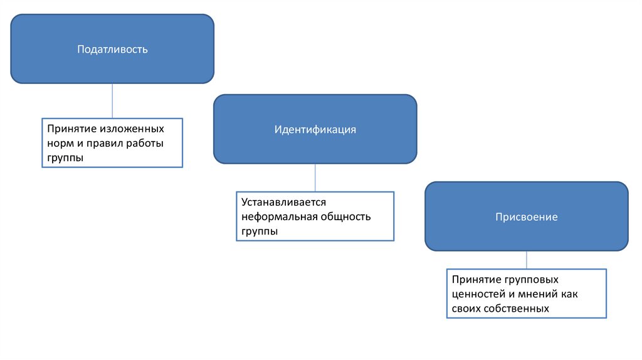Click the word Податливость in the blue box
[112, 49]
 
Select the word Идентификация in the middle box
[315, 129]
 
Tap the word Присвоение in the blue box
[526, 217]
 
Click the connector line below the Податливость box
[112, 100]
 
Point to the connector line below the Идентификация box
[315, 177]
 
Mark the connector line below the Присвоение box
[526, 260]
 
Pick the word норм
[58, 144]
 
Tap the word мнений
[542, 294]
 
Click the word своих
[465, 309]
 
